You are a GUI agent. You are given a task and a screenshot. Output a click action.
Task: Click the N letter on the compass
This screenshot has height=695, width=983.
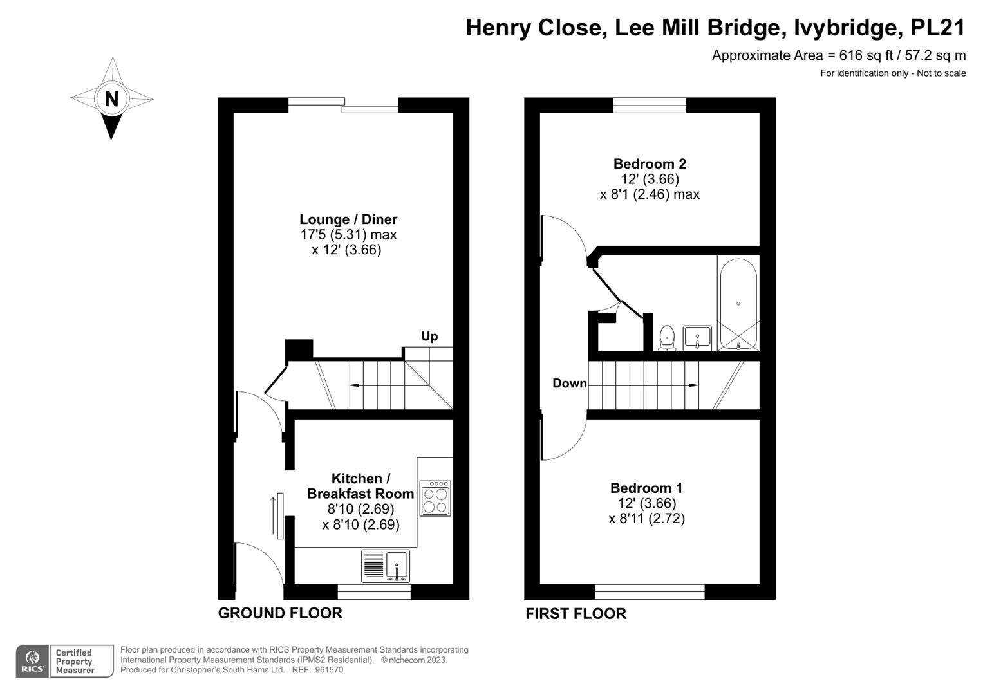[x=112, y=99]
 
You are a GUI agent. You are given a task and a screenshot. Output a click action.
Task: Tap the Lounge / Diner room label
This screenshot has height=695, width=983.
[x=348, y=219]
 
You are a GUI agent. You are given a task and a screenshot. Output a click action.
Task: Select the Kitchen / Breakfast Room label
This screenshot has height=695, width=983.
[x=360, y=486]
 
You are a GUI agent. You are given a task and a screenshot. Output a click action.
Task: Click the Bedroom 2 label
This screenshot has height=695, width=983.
[x=650, y=163]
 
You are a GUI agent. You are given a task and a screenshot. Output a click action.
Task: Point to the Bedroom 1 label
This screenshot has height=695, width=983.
[x=646, y=488]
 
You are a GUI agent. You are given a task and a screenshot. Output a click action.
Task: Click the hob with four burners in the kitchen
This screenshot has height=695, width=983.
[x=435, y=499]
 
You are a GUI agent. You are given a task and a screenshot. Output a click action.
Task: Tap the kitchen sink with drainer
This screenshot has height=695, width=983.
[x=386, y=566]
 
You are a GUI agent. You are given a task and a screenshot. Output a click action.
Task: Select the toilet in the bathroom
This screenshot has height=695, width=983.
[x=667, y=338]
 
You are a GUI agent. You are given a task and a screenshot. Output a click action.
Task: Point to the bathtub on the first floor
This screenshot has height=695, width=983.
[x=738, y=304]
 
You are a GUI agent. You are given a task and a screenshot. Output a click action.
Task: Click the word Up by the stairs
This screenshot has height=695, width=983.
[x=429, y=336]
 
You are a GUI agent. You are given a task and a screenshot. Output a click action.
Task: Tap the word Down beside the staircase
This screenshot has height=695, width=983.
[x=570, y=384]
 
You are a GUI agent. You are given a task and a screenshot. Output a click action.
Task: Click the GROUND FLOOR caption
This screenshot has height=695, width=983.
[x=280, y=613]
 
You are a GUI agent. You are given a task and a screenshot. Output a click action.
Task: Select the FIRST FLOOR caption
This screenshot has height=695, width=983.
[x=576, y=614]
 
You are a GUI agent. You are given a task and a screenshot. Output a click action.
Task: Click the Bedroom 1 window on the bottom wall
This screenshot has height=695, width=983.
[x=650, y=591]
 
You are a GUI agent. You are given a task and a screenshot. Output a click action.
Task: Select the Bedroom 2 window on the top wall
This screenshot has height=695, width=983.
[x=650, y=105]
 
